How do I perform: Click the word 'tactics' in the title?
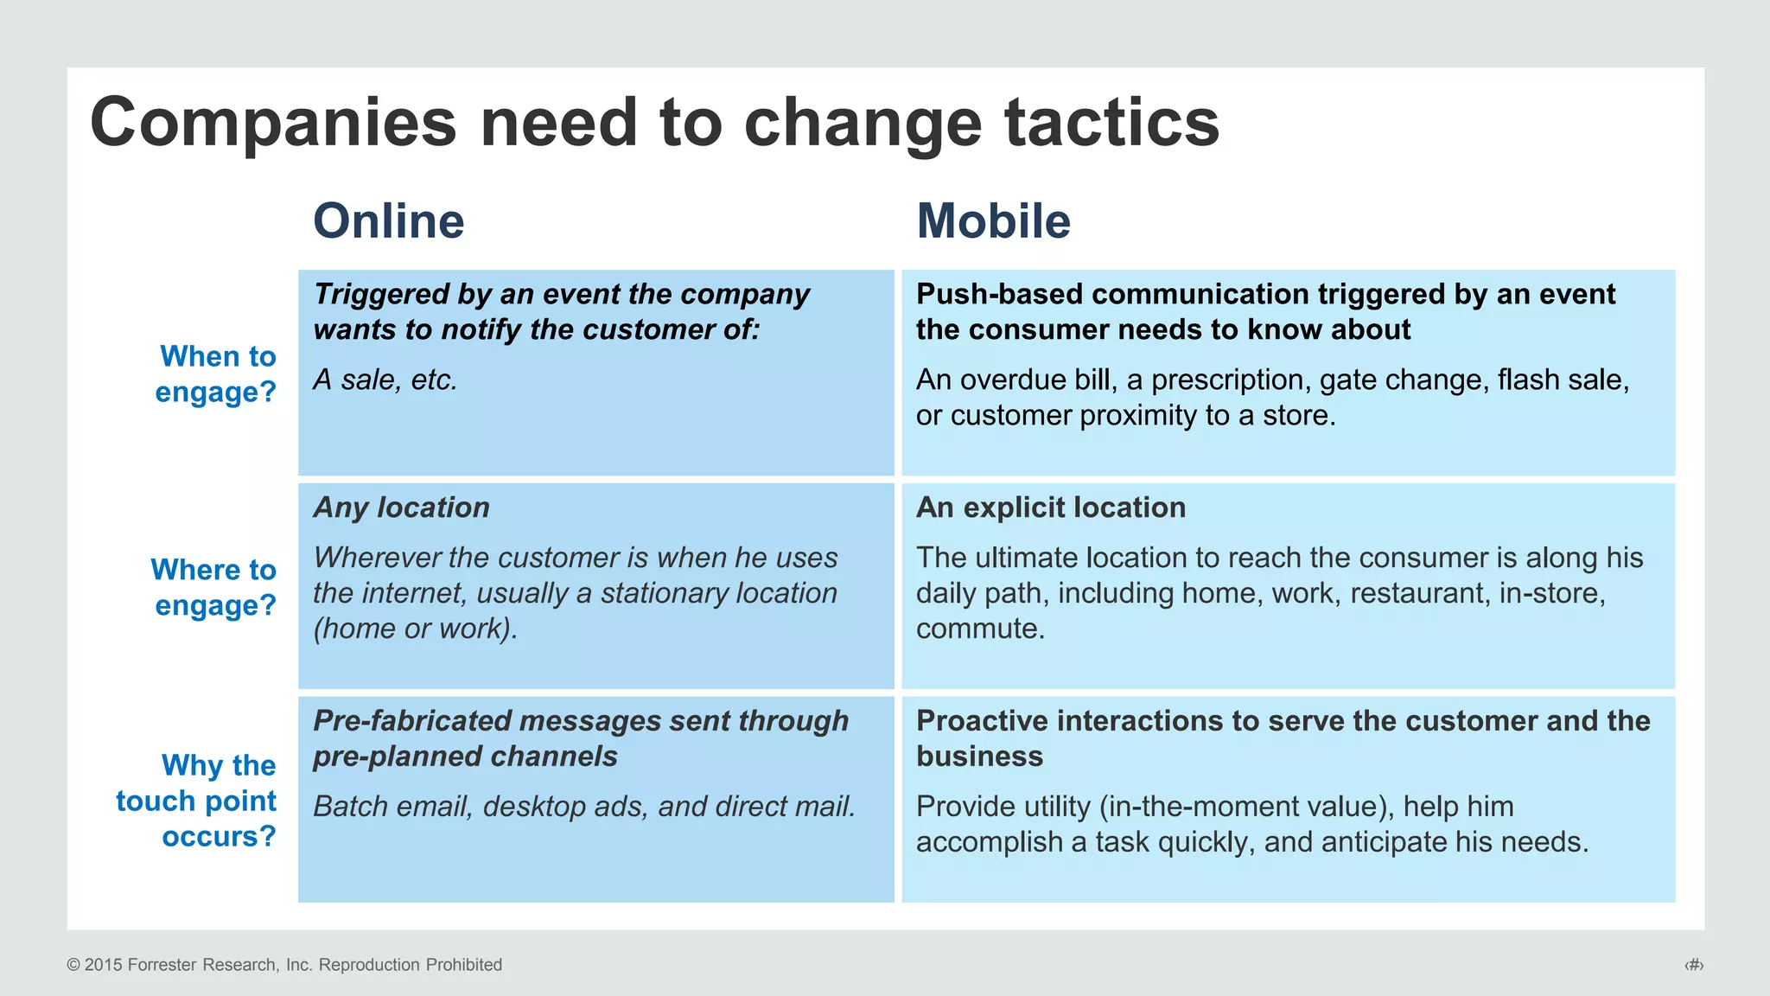pyautogui.click(x=1111, y=123)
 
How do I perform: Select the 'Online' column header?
pyautogui.click(x=389, y=221)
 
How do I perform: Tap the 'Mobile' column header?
pyautogui.click(x=993, y=221)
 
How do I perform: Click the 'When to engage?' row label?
pyautogui.click(x=216, y=373)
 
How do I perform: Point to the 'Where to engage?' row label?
pyautogui.click(x=213, y=587)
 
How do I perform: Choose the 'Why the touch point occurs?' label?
pyautogui.click(x=197, y=801)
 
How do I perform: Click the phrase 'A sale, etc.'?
pyautogui.click(x=385, y=380)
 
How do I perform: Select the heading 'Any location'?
pyautogui.click(x=402, y=508)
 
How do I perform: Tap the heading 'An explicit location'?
pyautogui.click(x=1051, y=508)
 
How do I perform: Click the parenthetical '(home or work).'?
pyautogui.click(x=415, y=629)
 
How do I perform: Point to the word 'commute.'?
pyautogui.click(x=980, y=629)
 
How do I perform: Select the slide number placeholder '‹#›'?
pyautogui.click(x=1693, y=965)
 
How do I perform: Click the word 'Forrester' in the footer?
pyautogui.click(x=162, y=965)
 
